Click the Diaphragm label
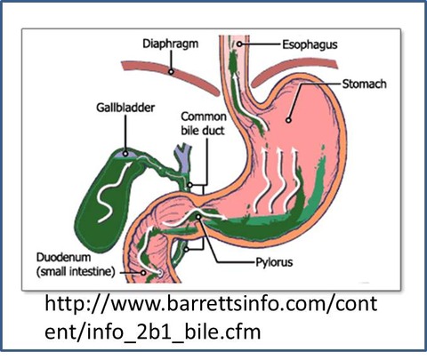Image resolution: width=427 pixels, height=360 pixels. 171,44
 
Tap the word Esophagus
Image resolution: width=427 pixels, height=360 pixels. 310,44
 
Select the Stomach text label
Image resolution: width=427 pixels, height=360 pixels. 365,84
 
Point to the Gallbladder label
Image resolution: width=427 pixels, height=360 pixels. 125,108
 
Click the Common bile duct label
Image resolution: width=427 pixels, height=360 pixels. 204,124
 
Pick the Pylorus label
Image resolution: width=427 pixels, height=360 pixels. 274,262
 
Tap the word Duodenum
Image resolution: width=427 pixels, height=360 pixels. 63,257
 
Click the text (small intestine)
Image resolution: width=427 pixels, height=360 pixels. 76,271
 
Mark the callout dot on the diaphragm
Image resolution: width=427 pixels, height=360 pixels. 171,72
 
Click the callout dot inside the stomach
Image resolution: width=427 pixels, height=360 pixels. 288,120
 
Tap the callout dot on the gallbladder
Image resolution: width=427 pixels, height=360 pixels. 125,154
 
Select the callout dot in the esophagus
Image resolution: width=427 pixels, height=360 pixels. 239,44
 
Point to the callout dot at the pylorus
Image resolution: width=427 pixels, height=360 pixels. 198,217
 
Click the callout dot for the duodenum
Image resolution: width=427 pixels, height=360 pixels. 143,272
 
